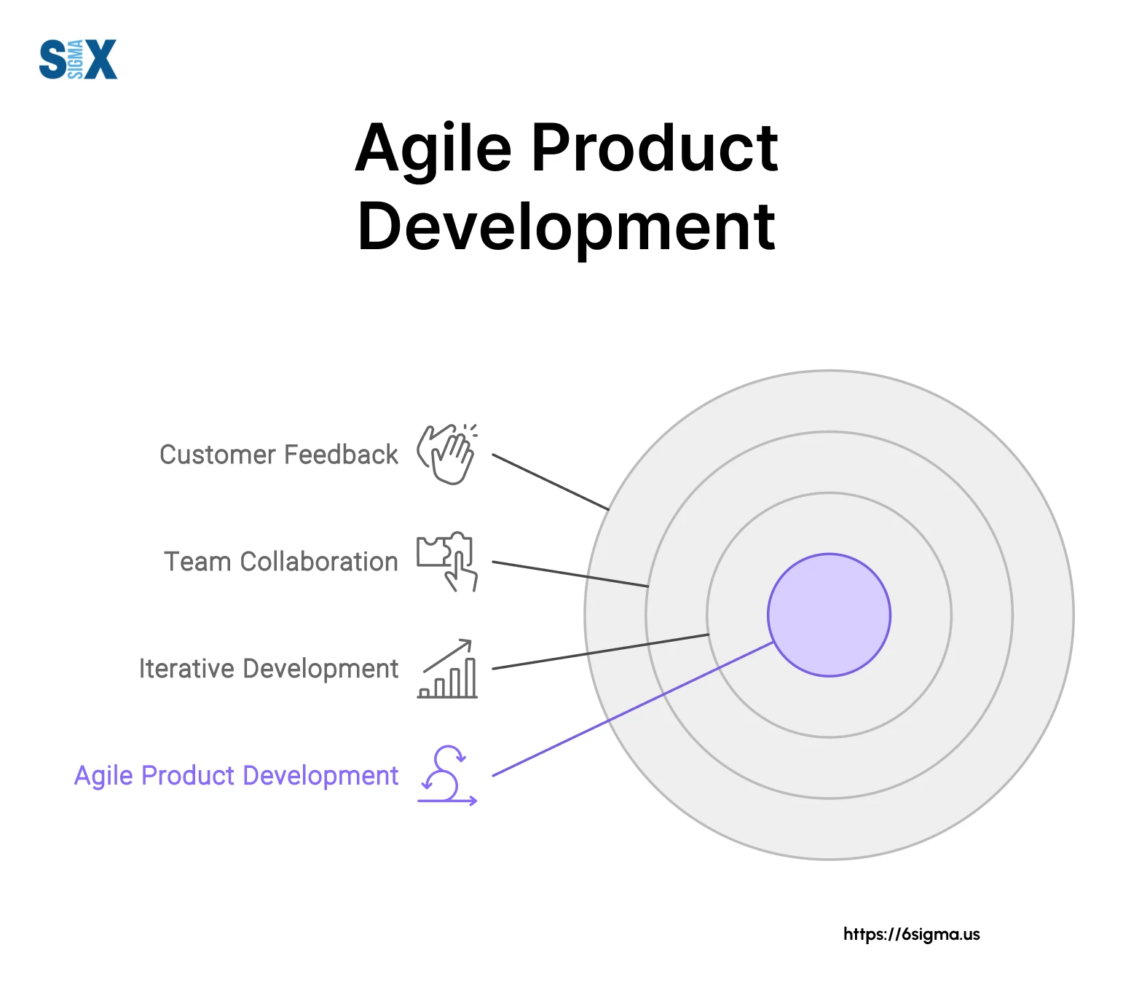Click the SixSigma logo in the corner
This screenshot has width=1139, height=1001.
(x=78, y=59)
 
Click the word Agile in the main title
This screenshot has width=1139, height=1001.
(x=434, y=149)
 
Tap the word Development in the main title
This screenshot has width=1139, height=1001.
(x=567, y=229)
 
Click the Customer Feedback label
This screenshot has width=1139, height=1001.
(x=279, y=455)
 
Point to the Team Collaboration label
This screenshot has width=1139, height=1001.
(x=281, y=562)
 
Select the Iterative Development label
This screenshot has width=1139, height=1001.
(x=269, y=669)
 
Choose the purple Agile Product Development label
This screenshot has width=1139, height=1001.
(x=237, y=776)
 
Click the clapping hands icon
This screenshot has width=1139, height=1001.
(x=446, y=454)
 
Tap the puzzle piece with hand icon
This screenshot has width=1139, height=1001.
(x=446, y=561)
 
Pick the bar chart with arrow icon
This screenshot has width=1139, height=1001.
(x=447, y=669)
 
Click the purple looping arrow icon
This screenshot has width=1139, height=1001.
(x=447, y=775)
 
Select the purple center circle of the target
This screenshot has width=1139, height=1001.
(x=829, y=615)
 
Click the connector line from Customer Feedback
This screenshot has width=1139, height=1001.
(x=551, y=482)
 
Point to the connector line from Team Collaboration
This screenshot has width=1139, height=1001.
(x=570, y=574)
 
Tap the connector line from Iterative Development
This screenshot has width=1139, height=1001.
(x=601, y=651)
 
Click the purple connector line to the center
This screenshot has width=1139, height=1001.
(x=633, y=709)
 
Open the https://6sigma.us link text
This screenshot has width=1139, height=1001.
(x=912, y=934)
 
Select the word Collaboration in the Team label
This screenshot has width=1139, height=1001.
(x=319, y=562)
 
